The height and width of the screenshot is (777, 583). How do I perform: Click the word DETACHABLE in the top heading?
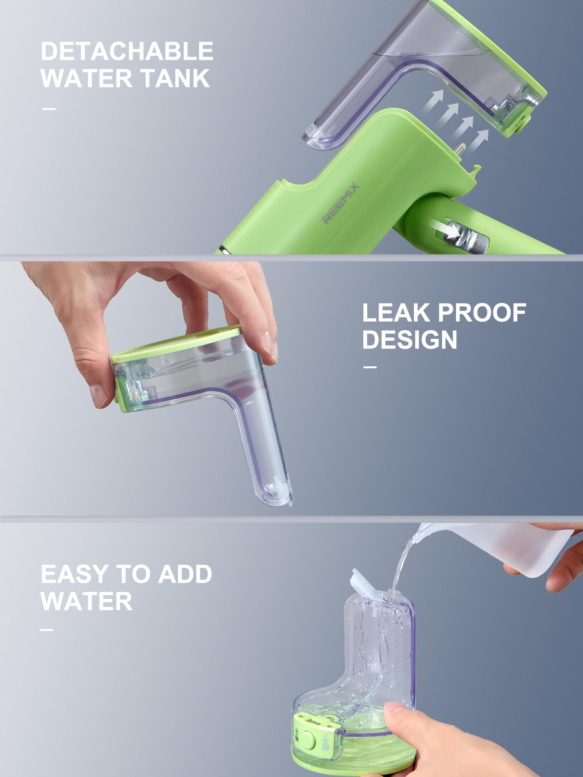127,51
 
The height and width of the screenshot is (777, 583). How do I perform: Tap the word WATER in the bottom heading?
86,601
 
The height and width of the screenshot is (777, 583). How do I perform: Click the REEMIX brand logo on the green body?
340,204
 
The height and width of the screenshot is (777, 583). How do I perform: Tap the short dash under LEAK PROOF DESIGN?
369,367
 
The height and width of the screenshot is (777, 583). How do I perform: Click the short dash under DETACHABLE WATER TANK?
49,109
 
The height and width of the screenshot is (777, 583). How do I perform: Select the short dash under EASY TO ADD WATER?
47,629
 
